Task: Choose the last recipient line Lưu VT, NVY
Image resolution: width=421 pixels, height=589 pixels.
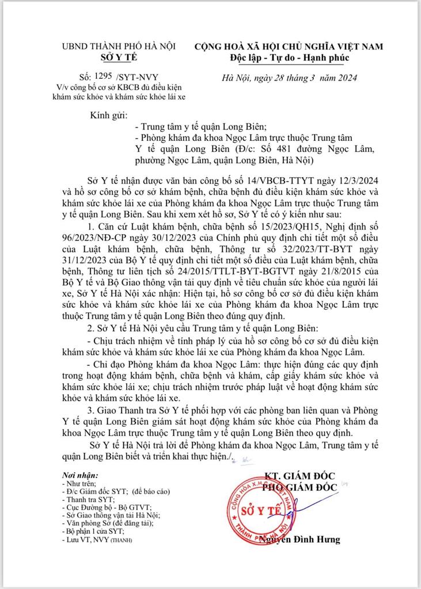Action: (x=93, y=540)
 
